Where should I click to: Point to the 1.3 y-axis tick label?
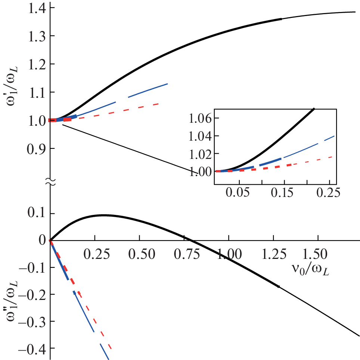pyautogui.click(x=32, y=36)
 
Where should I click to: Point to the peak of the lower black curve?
pyautogui.click(x=105, y=215)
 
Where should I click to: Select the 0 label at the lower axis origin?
pyautogui.click(x=43, y=241)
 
